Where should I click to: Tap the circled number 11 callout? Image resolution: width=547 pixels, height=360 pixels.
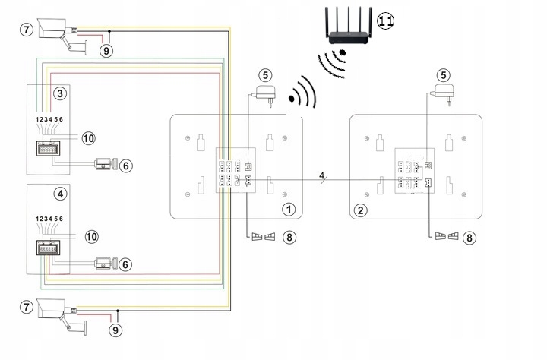point(385,21)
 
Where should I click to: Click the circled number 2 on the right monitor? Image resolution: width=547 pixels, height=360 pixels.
point(362,208)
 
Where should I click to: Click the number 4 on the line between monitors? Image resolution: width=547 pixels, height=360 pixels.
point(322,176)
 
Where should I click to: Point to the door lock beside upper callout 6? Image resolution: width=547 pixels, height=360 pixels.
point(103,163)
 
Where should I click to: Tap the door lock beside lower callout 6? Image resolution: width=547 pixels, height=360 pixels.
point(103,264)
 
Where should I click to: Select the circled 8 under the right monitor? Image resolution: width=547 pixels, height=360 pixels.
point(470,237)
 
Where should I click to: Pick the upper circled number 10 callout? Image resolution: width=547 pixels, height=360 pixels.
point(89,137)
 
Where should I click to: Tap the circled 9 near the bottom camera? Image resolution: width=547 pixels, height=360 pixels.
point(114,330)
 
